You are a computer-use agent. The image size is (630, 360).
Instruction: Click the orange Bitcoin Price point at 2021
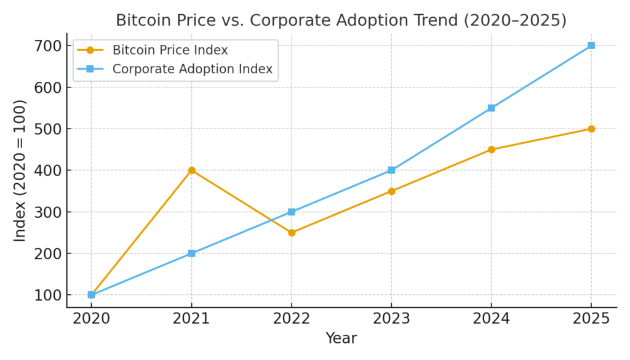coord(191,170)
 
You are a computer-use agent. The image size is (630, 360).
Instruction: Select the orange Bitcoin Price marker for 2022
coord(292,233)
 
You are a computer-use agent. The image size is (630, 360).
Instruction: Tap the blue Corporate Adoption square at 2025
coord(591,46)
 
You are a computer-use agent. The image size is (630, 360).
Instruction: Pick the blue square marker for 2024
coord(491,108)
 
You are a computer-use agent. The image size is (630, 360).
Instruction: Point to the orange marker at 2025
coord(591,129)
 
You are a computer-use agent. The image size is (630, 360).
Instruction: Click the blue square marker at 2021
coord(191,254)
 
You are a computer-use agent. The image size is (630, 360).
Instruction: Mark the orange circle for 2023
coord(391,191)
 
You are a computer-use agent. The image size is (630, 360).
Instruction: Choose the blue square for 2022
coord(292,212)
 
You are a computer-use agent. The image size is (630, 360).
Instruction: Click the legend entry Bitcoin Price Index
coord(170,50)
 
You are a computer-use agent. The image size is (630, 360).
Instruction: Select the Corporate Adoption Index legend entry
coord(192,69)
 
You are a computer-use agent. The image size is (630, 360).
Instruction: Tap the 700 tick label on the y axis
coord(48,46)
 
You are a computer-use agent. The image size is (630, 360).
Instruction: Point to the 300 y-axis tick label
coord(48,212)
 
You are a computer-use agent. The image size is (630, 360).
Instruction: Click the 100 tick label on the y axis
coord(48,295)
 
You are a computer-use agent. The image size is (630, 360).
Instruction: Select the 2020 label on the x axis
coord(92,319)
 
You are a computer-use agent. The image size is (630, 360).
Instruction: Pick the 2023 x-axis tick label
coord(391,319)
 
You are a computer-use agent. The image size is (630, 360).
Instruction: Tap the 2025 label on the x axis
coord(591,319)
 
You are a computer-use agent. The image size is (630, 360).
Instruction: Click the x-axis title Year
coord(341,338)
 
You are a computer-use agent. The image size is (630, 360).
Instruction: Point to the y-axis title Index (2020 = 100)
coord(20,170)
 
